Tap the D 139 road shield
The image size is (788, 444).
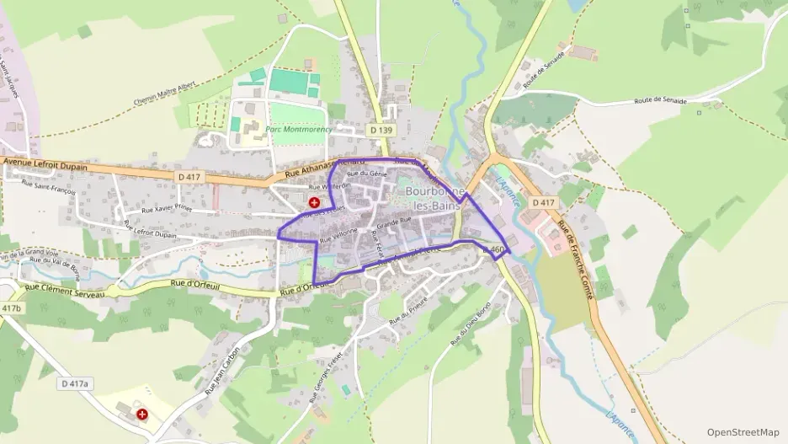point(381,130)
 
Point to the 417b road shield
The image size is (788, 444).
point(11,309)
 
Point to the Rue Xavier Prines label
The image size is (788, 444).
point(167,207)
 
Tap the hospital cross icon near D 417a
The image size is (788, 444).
point(141,415)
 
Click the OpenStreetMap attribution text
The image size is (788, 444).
point(743,432)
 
